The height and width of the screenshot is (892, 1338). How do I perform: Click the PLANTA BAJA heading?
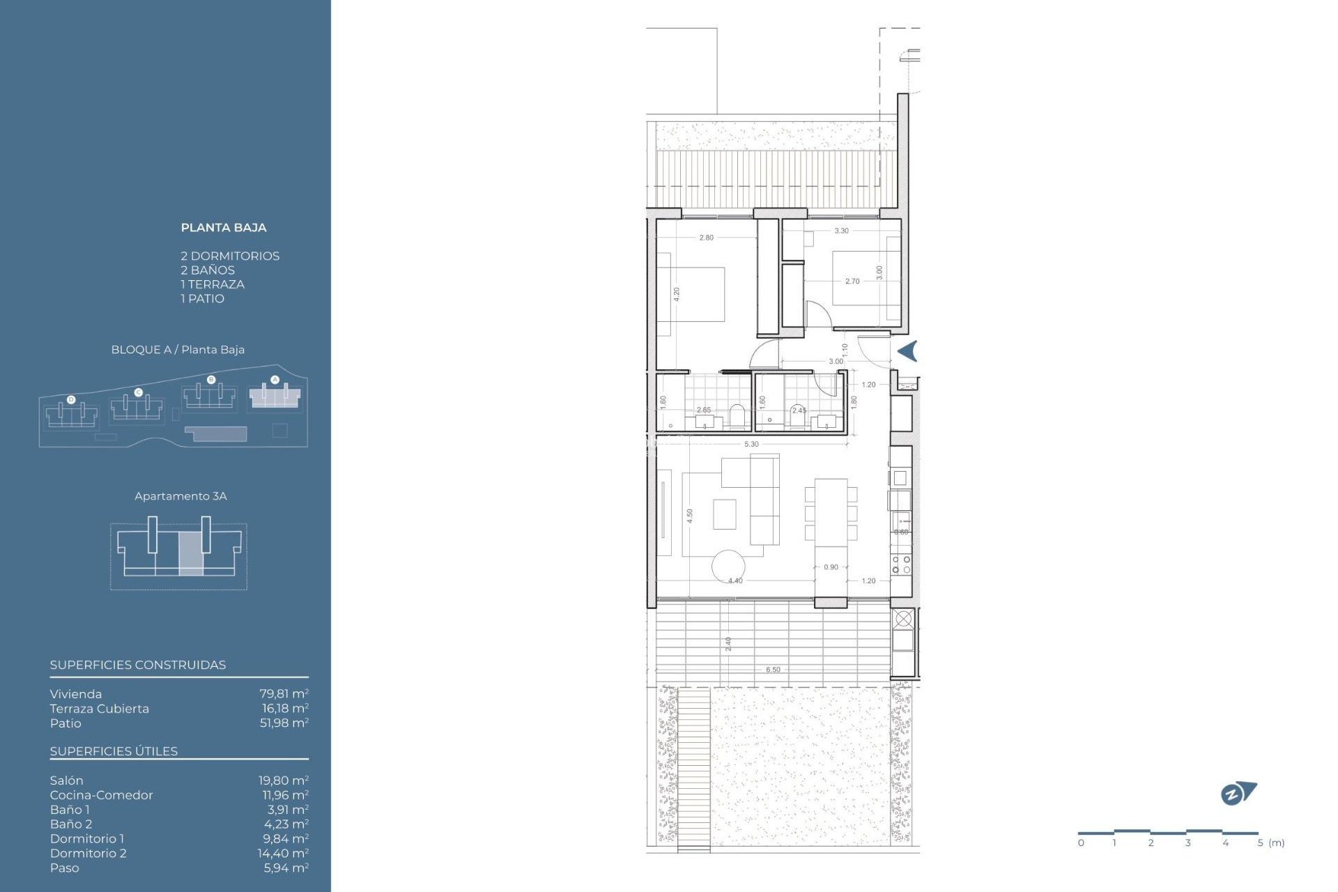[x=223, y=227]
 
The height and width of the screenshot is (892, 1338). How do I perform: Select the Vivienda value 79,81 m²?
[x=284, y=694]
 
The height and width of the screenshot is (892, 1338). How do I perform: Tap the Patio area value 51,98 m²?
[x=284, y=723]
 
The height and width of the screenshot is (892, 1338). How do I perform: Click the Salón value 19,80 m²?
[x=284, y=780]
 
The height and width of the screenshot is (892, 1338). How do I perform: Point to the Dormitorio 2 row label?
[x=88, y=853]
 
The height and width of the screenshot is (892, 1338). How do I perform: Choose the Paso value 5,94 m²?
[x=286, y=868]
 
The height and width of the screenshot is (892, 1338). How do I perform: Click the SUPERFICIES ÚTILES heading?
[x=114, y=751]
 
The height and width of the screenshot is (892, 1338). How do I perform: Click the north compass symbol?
[x=1238, y=793]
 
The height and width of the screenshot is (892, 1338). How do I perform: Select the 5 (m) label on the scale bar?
[x=1270, y=843]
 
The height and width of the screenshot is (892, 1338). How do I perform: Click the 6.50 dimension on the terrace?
[x=773, y=670]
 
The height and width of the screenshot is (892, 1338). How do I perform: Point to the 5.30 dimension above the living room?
[x=751, y=444]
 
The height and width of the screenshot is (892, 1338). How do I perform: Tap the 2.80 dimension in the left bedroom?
[x=706, y=238]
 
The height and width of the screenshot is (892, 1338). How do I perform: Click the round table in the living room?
[x=728, y=566]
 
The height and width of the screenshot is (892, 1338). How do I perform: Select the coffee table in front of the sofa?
[x=725, y=514]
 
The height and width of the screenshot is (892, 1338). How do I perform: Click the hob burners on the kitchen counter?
[x=901, y=564]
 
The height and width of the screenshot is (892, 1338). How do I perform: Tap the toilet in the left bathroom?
[x=737, y=415]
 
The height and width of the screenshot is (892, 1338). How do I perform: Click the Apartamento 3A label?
[x=180, y=496]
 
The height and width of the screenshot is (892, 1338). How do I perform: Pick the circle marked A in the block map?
[x=275, y=380]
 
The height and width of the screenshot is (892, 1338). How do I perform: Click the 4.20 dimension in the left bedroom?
[x=676, y=294]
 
